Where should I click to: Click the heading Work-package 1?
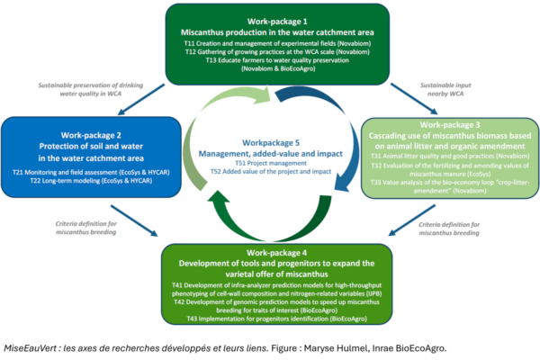coord(268,17)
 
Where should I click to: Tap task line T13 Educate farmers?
coord(268,60)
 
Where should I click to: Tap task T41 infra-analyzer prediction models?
coord(267,284)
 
